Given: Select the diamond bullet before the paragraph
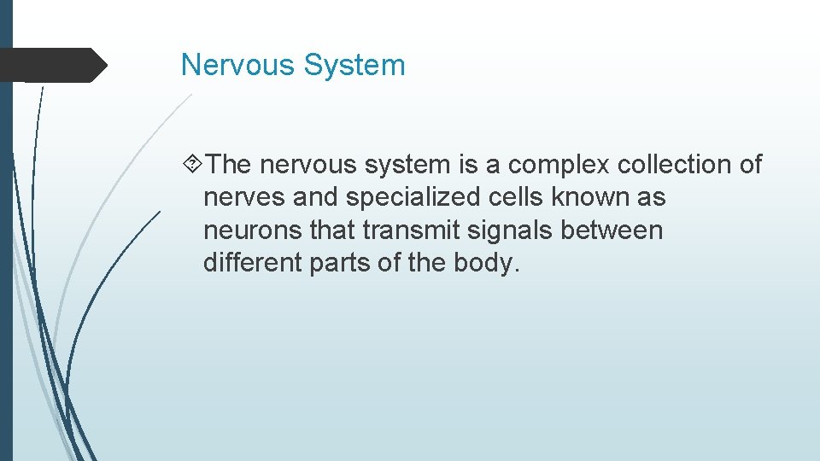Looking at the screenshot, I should [x=193, y=164].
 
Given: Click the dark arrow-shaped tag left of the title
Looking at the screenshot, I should [x=53, y=65].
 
